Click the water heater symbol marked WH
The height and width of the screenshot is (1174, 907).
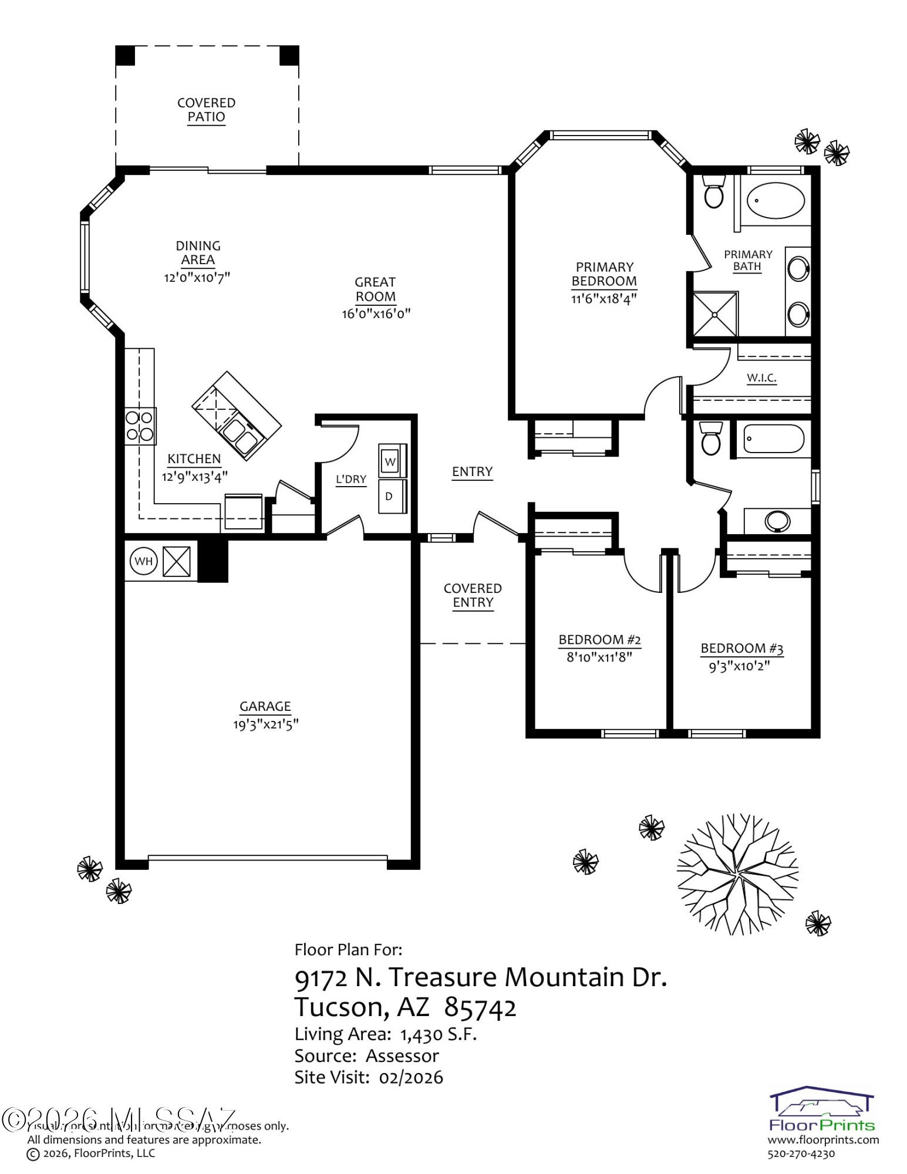coord(143,561)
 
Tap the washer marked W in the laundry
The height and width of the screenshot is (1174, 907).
coord(390,461)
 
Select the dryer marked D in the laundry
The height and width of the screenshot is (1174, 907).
coord(390,496)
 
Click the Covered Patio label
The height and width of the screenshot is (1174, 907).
coord(206,110)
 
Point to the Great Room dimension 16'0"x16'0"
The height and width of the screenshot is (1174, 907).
coord(376,314)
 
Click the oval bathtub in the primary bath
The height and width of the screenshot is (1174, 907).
coord(775,200)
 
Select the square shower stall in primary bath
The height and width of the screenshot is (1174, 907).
coord(714,315)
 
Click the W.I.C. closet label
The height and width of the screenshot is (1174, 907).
coord(761,377)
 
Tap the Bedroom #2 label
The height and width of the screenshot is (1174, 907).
coord(599,640)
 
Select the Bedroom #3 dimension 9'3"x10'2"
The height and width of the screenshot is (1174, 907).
coord(739,666)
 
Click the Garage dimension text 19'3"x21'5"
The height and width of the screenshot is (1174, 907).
coord(265,724)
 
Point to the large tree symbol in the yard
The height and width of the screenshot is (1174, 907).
coord(737,873)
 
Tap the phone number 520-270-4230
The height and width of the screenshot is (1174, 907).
coord(801,1154)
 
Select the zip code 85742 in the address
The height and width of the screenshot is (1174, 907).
coord(480,1007)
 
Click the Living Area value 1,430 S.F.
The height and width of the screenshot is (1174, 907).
coord(438,1034)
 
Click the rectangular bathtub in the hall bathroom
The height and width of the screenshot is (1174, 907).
coord(773,439)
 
